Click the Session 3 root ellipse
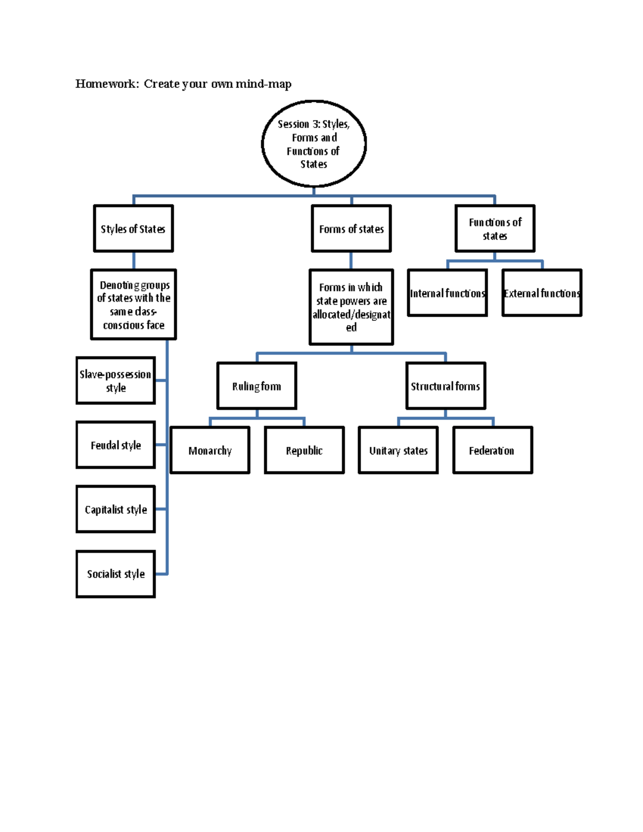click(314, 144)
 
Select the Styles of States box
click(133, 229)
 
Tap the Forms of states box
click(352, 229)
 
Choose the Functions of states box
click(495, 229)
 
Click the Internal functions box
click(447, 293)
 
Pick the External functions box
click(542, 293)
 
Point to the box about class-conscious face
click(133, 305)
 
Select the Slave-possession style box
click(116, 380)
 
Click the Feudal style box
click(116, 445)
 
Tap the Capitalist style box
click(116, 509)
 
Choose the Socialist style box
click(116, 574)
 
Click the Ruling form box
click(257, 386)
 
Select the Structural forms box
click(446, 386)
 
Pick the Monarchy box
click(210, 451)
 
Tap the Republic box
click(304, 451)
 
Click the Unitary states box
click(398, 451)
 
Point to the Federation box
click(492, 451)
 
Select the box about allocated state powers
click(352, 307)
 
